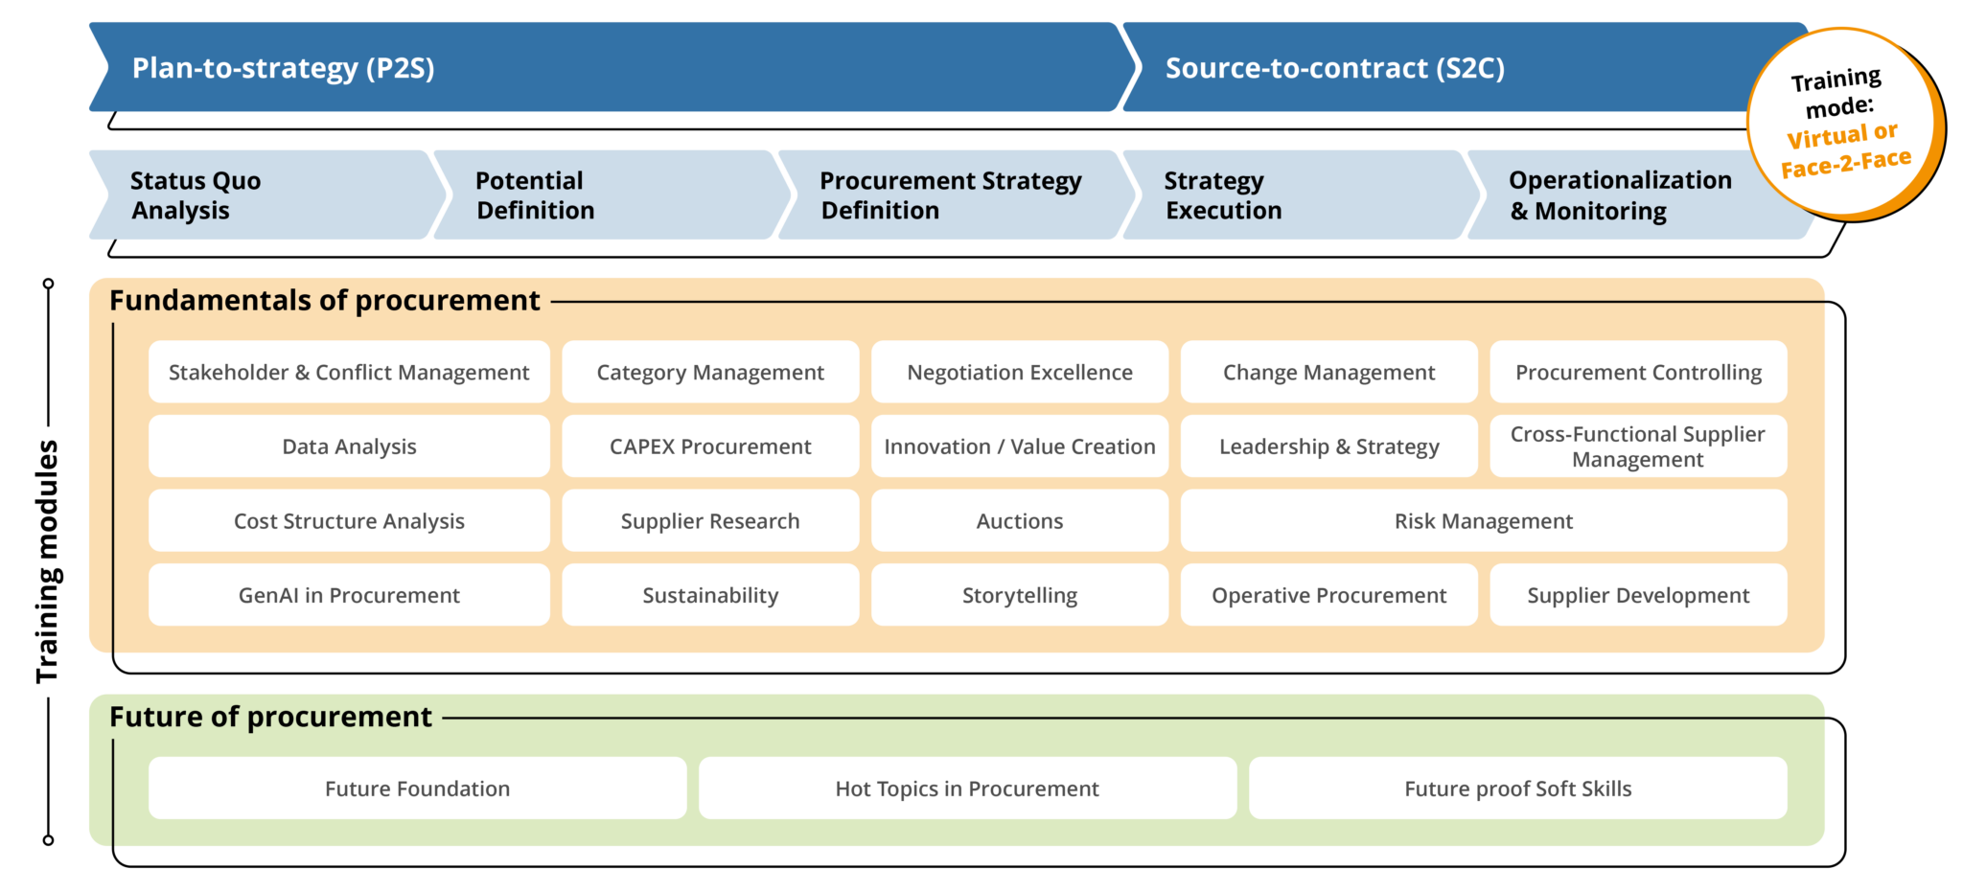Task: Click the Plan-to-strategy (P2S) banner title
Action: tap(283, 68)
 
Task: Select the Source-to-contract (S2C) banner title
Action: tap(1334, 68)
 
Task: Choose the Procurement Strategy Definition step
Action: tap(950, 194)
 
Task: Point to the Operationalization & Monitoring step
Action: tap(1620, 194)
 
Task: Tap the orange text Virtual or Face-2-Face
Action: tap(1845, 150)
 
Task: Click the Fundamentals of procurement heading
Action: tap(324, 301)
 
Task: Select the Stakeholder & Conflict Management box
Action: tap(349, 372)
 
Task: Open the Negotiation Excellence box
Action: tap(1019, 372)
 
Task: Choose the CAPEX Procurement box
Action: tap(709, 446)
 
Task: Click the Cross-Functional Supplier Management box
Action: tap(1637, 446)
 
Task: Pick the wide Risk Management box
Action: tap(1483, 521)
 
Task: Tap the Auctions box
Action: tap(1019, 521)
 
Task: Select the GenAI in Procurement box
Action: tap(349, 595)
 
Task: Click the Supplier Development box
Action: tap(1637, 595)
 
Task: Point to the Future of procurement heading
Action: tap(270, 717)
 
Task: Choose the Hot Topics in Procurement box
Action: tap(966, 789)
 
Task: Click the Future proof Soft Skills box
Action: tap(1517, 789)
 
